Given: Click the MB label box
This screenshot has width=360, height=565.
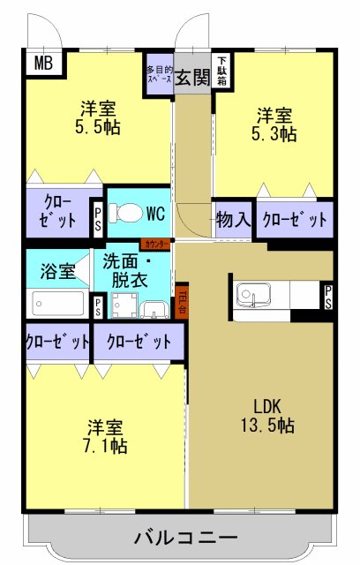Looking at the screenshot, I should coord(41,64).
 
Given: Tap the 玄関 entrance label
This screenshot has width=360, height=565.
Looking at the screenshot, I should coord(191,78).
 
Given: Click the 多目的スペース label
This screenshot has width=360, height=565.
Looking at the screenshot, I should coord(159,72).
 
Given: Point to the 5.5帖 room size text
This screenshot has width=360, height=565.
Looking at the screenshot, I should coord(99,126).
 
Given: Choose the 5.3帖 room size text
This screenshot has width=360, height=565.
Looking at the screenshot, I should coord(275,134).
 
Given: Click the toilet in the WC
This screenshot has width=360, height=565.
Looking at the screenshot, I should coord(127,214).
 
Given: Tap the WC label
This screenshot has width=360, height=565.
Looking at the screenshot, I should coord(156,213).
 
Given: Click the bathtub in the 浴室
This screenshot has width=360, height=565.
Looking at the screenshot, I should coord(58,303).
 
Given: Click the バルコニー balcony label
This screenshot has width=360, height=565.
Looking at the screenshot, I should coord(185,537).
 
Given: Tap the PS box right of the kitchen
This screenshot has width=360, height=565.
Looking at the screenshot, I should coord(327,298).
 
